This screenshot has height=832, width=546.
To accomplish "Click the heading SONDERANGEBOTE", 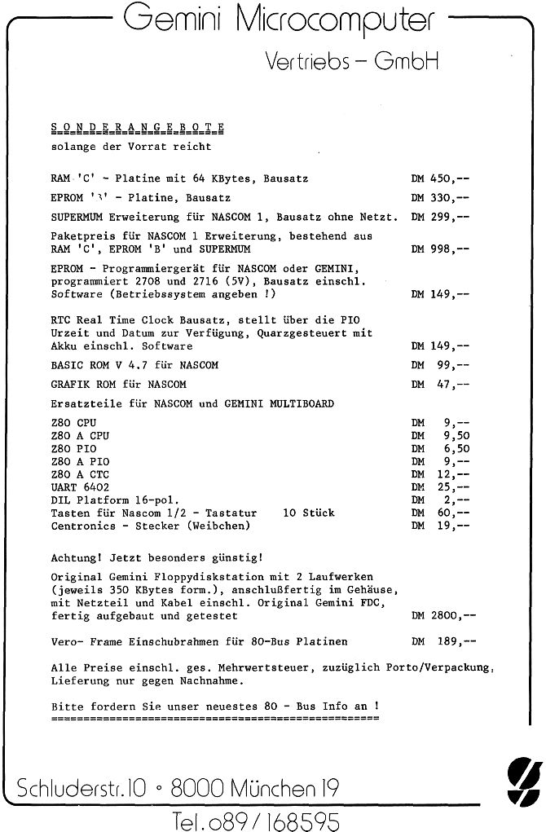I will point(138,126).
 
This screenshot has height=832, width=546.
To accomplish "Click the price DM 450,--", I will point(440,178).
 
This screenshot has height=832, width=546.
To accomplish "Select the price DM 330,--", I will point(440,197).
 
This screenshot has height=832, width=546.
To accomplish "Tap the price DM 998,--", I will point(440,249).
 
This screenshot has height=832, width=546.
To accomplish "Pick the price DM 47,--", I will point(440,384).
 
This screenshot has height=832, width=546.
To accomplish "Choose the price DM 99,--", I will point(440,365).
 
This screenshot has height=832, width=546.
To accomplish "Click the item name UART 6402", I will point(80,486).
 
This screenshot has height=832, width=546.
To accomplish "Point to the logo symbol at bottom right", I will point(518,778).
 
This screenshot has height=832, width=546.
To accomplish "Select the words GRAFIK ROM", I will point(78,384).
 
